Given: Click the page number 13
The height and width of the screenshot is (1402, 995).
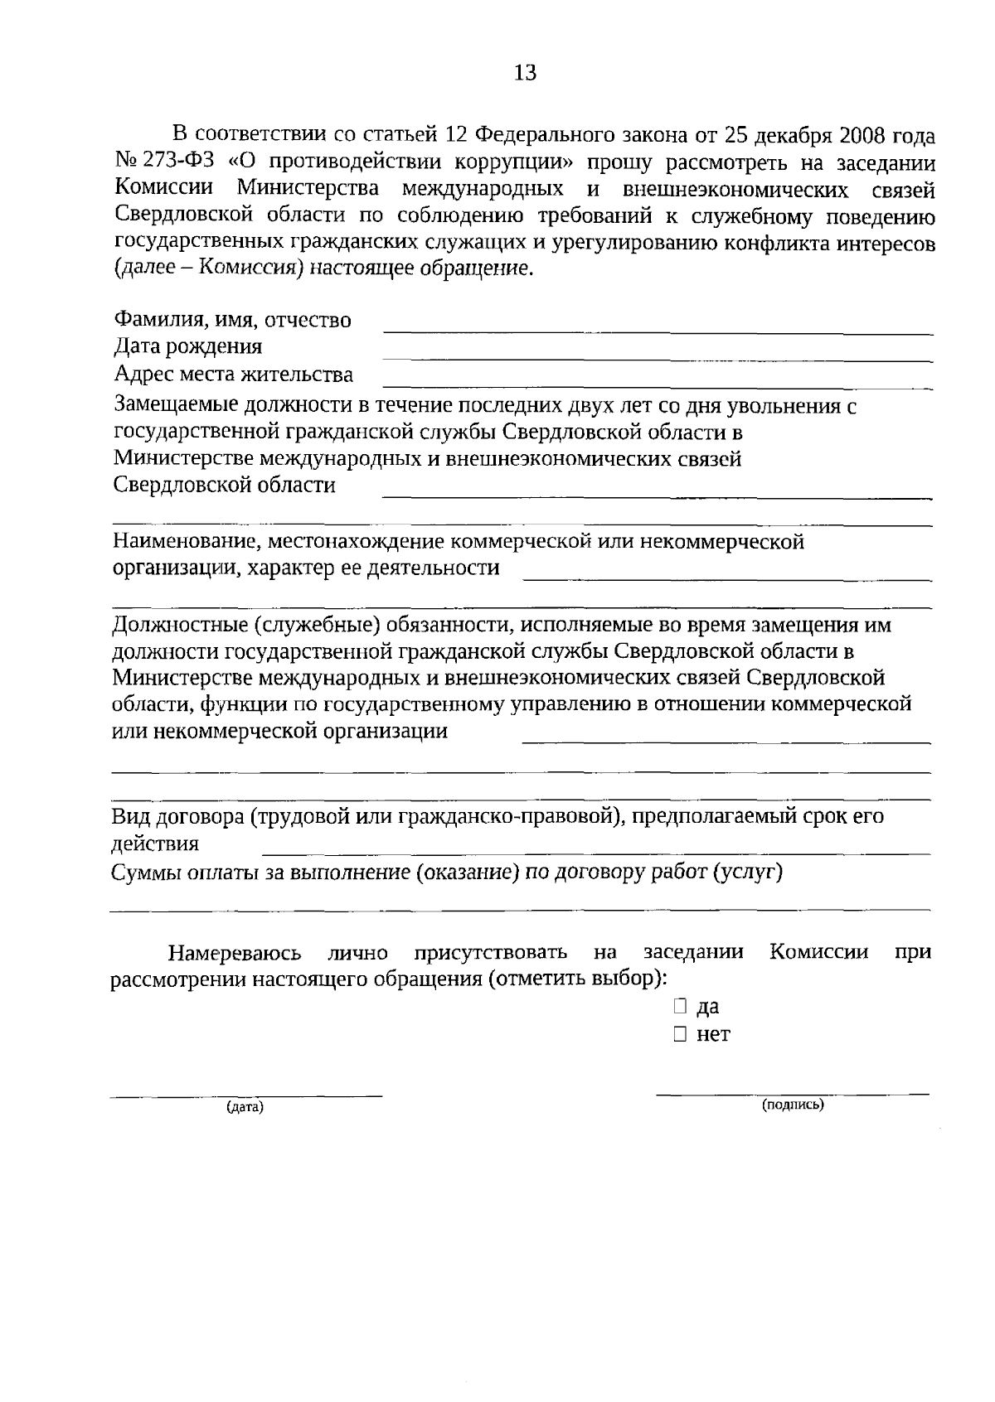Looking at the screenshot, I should [x=526, y=73].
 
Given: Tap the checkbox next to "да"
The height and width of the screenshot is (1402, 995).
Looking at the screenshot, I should [x=680, y=1007].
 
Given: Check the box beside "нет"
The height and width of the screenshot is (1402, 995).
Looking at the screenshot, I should [x=680, y=1034].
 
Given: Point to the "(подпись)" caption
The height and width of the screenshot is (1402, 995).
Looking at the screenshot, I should [x=793, y=1105].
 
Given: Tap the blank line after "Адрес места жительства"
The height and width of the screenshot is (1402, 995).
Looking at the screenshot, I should [x=657, y=387].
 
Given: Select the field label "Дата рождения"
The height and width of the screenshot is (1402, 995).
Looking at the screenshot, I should [x=188, y=346].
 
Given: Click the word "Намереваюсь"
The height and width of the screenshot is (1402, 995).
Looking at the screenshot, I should [x=235, y=952].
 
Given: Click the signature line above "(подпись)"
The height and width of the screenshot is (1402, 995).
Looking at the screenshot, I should [x=793, y=1094].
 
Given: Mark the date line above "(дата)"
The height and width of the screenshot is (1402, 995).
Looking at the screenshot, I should [x=247, y=1096].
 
